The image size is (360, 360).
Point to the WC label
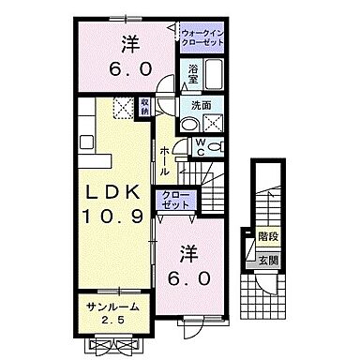coord(200,145)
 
